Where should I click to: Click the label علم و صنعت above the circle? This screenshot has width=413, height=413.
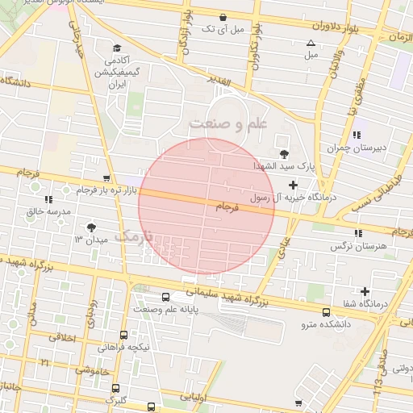pyautogui.click(x=228, y=123)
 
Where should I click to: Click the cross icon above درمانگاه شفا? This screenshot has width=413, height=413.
pyautogui.click(x=365, y=291)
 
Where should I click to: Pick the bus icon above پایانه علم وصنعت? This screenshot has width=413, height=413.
pyautogui.click(x=165, y=297)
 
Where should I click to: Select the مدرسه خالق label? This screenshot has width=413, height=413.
pyautogui.click(x=49, y=211)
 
